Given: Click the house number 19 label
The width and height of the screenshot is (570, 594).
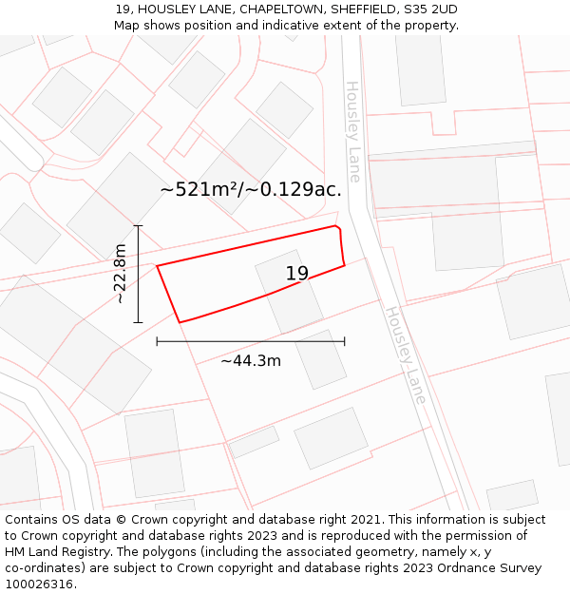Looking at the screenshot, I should click(297, 274).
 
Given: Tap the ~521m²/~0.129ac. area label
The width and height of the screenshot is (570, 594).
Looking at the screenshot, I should click(251, 189).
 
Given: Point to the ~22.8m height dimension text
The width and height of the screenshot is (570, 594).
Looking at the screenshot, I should click(121, 274).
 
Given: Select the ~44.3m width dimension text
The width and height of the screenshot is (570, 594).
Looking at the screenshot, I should click(251, 361).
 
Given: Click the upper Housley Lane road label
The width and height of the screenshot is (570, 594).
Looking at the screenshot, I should click(353, 131).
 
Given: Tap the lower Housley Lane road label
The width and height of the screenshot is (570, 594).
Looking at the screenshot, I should click(405, 354).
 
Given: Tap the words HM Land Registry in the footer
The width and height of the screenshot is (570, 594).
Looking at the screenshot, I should click(54, 552).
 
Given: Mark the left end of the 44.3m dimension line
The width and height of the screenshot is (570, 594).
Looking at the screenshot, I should click(157, 341).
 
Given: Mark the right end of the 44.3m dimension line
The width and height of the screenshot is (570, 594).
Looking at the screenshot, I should click(345, 341).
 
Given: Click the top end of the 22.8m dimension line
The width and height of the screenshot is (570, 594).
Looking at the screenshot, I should click(138, 226).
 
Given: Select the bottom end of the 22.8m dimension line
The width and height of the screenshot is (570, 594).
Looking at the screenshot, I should click(138, 322).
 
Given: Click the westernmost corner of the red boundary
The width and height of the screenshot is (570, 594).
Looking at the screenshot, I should click(157, 265).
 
